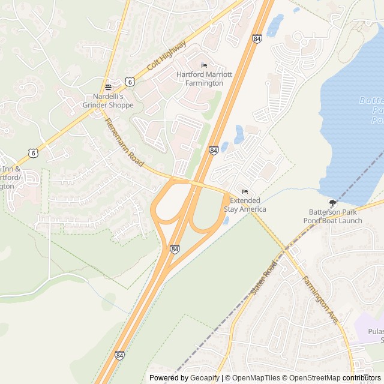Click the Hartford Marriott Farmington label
pyautogui.click(x=199, y=79)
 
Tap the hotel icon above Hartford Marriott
pyautogui.click(x=204, y=65)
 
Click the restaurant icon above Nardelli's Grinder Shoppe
pyautogui.click(x=108, y=86)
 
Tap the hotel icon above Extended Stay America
pyautogui.click(x=244, y=191)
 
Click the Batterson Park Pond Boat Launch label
pyautogui.click(x=335, y=216)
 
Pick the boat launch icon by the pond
pyautogui.click(x=333, y=202)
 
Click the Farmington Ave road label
pyautogui.click(x=320, y=300)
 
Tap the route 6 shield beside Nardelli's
pyautogui.click(x=130, y=80)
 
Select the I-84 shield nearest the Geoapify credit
pyautogui.click(x=120, y=356)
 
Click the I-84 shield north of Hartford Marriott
pyautogui.click(x=257, y=38)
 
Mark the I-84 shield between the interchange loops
pyautogui.click(x=175, y=248)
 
